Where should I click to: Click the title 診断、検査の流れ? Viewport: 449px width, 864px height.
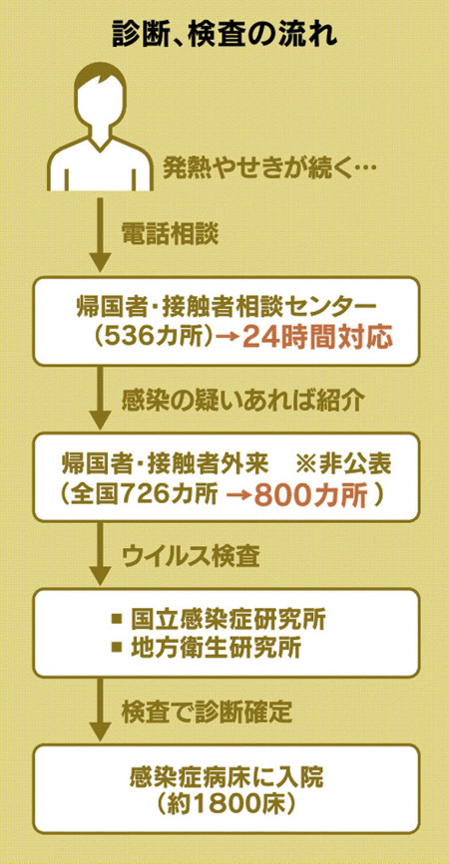click(224, 35)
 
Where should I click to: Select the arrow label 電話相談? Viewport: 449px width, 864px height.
click(170, 235)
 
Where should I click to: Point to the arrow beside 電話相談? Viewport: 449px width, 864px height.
click(100, 235)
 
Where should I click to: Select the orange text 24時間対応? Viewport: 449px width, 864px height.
click(317, 337)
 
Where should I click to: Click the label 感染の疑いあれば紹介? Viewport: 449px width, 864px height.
click(242, 402)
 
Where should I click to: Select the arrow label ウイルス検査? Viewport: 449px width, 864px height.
click(191, 558)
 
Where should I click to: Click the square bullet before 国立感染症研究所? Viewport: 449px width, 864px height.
click(117, 619)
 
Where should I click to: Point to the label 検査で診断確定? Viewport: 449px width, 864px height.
click(206, 713)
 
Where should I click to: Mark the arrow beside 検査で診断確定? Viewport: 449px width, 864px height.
click(100, 710)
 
